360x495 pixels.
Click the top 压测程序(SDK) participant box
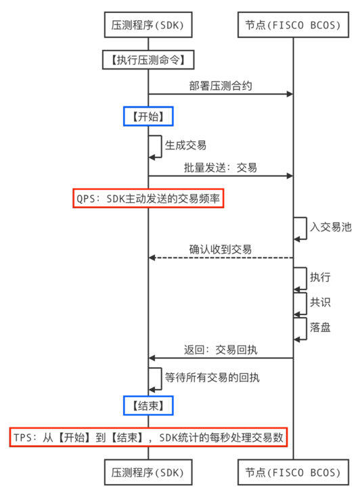pos(148,26)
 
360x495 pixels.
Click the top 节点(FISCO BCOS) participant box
pos(293,26)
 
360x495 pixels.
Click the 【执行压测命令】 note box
pos(148,60)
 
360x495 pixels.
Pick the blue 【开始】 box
pos(148,116)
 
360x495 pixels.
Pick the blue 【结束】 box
pos(148,405)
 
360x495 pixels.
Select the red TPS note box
pos(148,438)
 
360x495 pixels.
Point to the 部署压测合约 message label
pos(221,86)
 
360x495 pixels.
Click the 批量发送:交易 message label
pos(220,167)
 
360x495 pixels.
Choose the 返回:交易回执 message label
pos(221,350)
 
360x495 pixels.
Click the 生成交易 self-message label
pos(185,145)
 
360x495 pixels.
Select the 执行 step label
pos(320,277)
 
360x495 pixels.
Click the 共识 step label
pos(320,302)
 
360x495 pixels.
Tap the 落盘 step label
pos(320,327)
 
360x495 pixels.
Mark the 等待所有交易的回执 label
pos(212,377)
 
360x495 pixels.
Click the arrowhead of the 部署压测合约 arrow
pos(290,94)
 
